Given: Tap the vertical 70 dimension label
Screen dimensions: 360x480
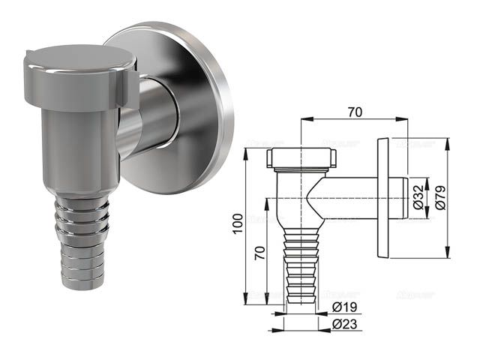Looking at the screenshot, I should [x=259, y=253].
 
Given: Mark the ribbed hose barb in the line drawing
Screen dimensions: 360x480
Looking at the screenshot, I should [x=300, y=262].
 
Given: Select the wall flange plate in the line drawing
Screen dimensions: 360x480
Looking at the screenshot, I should [x=385, y=198].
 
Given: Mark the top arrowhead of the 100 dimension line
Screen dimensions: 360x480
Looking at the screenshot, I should [x=247, y=151].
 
